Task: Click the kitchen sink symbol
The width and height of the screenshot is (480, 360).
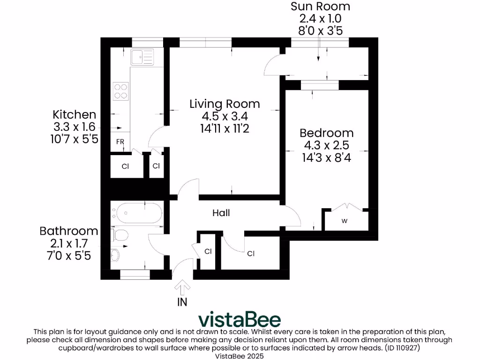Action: (x=142, y=57)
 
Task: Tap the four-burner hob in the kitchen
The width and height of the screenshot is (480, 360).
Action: (x=120, y=90)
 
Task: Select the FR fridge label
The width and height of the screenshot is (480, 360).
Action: (x=120, y=141)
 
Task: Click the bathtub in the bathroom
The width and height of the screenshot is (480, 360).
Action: (x=137, y=214)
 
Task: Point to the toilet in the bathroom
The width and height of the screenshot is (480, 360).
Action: (x=120, y=236)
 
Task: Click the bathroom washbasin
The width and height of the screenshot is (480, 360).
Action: (x=116, y=255)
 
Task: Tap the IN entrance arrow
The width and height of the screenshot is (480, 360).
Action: (x=182, y=287)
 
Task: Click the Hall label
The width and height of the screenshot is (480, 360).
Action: (x=221, y=213)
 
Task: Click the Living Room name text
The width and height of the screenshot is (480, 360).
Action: (x=224, y=104)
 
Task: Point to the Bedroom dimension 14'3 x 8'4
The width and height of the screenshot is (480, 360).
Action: (x=327, y=157)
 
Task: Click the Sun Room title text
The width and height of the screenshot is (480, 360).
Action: (x=320, y=7)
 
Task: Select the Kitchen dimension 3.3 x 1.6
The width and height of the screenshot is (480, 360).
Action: (x=75, y=127)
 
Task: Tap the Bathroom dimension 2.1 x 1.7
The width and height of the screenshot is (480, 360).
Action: (x=69, y=243)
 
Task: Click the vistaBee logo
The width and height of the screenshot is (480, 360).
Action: (x=240, y=319)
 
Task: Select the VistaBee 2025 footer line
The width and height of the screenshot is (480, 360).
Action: (x=240, y=356)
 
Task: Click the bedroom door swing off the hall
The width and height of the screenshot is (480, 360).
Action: (x=294, y=217)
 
